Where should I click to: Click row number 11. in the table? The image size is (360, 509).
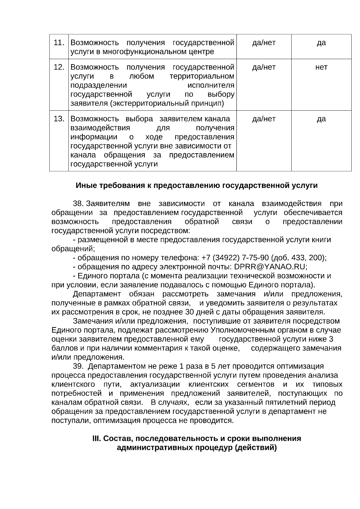[59, 43]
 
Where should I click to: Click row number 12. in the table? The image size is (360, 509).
[59, 67]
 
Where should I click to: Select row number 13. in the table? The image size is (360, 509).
[59, 119]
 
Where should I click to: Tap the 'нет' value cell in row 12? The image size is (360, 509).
[321, 67]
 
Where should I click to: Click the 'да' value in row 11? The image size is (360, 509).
[321, 43]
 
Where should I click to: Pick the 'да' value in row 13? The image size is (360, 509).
[321, 119]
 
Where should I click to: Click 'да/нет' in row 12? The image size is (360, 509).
[264, 67]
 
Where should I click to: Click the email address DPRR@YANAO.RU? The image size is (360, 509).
[270, 267]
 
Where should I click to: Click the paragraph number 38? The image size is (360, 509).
[78, 204]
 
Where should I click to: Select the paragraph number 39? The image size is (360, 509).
[79, 366]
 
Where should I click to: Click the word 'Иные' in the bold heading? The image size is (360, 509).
[84, 186]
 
